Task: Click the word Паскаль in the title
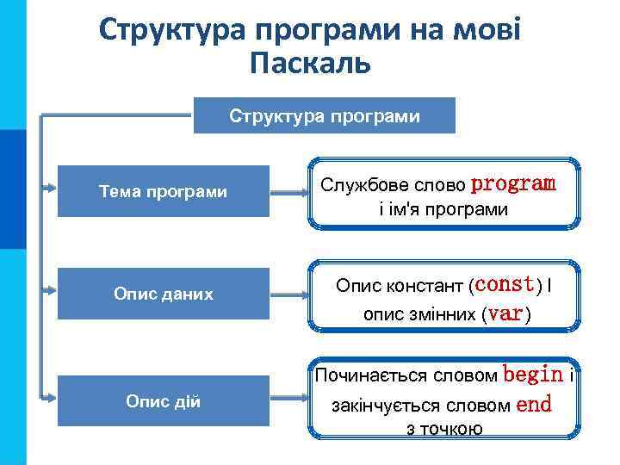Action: click(x=310, y=63)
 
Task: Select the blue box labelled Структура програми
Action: click(x=325, y=115)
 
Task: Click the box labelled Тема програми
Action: click(x=164, y=191)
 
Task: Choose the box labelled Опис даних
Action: click(x=164, y=294)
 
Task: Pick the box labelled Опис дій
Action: click(x=164, y=400)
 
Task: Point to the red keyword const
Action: click(x=505, y=283)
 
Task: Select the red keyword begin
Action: click(x=533, y=375)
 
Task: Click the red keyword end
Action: click(x=534, y=405)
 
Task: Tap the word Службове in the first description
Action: click(x=357, y=184)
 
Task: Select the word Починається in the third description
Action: click(x=369, y=375)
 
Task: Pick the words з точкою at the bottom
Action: click(x=444, y=429)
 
